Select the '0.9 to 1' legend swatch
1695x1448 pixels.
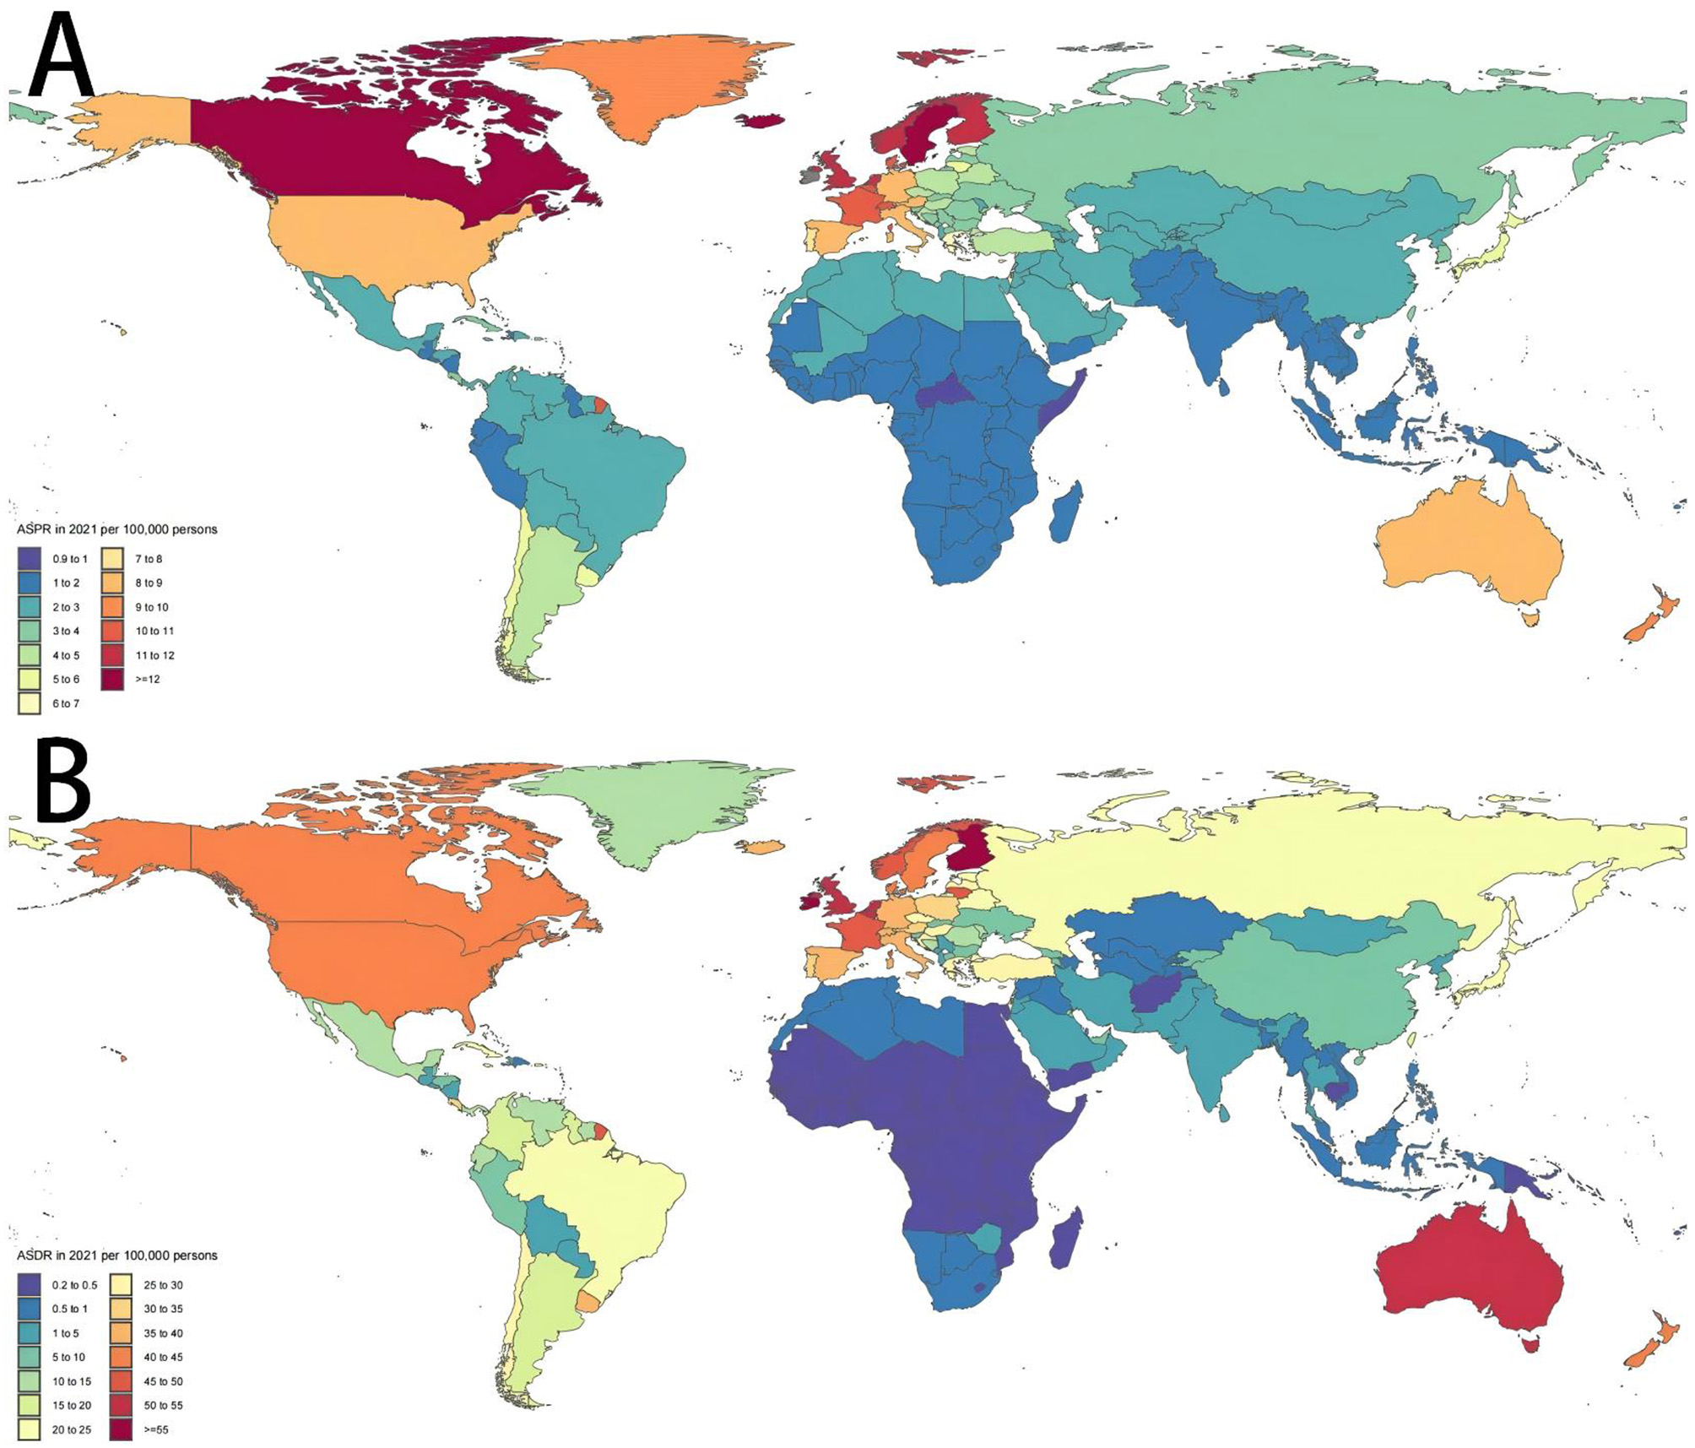coord(30,559)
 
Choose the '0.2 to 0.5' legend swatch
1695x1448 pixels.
coord(30,1285)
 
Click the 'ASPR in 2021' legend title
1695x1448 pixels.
coord(116,529)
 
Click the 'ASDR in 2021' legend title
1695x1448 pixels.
coord(116,1255)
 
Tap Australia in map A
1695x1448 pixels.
coord(1469,549)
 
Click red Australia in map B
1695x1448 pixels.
coord(1469,1275)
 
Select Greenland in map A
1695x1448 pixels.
coord(650,84)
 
